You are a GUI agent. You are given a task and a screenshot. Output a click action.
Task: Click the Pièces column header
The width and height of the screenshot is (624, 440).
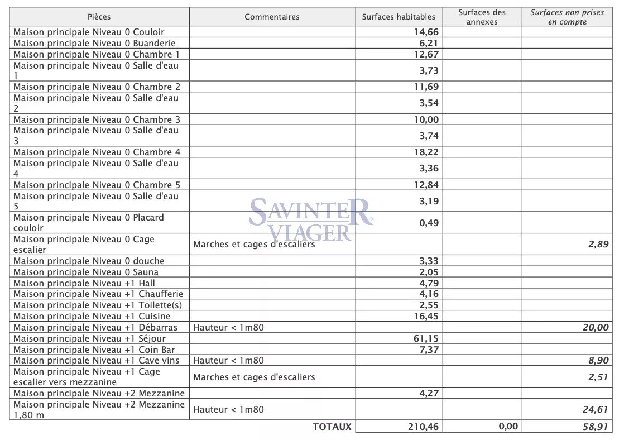tap(99, 17)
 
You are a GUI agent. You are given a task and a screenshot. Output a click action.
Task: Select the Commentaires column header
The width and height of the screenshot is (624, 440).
tap(272, 17)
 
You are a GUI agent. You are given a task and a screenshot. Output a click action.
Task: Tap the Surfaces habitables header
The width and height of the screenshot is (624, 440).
tap(399, 17)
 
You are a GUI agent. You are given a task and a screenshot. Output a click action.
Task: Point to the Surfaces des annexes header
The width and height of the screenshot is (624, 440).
tap(482, 17)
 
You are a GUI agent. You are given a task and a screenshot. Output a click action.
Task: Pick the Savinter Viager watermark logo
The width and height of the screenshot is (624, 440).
tap(310, 218)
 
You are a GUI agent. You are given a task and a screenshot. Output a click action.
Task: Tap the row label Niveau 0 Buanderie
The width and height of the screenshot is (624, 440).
tap(94, 43)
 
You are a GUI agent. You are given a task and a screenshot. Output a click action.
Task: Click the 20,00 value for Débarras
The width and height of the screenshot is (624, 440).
tap(596, 328)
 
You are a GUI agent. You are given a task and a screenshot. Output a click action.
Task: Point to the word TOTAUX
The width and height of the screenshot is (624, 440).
tap(332, 427)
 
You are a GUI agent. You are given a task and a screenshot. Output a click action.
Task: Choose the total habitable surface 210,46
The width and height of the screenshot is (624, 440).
tap(422, 427)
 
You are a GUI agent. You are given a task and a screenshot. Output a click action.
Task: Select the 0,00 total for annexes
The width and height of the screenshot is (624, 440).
tap(507, 427)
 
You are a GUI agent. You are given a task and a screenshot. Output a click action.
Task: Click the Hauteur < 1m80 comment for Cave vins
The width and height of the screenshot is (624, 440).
tap(228, 360)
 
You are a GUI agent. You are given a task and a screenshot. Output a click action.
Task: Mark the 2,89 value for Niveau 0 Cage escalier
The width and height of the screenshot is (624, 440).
tap(598, 244)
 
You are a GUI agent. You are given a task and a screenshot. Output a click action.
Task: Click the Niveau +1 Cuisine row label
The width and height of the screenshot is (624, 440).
tap(92, 316)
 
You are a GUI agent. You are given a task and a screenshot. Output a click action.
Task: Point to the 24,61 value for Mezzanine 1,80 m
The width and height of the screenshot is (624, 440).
tap(596, 409)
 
